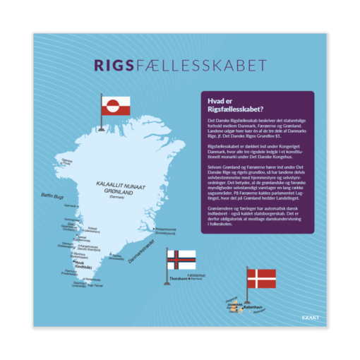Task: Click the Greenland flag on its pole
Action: click(113, 106)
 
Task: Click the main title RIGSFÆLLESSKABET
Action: click(179, 66)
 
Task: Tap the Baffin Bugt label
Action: click(52, 194)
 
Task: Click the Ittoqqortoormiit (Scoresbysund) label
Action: click(169, 230)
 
